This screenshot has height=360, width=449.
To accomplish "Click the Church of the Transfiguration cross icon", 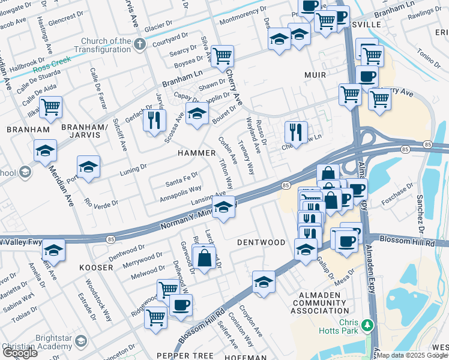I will click(x=140, y=44).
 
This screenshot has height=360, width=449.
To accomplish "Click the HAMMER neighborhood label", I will click(x=196, y=153).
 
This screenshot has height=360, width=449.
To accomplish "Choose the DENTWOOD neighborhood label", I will click(x=261, y=242).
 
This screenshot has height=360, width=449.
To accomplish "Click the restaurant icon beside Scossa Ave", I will click(x=155, y=121).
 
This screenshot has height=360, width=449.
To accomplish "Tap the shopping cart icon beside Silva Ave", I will click(x=222, y=56).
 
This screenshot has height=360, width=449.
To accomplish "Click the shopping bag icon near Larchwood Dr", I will click(x=204, y=259).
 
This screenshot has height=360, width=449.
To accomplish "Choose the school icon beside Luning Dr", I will click(x=88, y=167).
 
